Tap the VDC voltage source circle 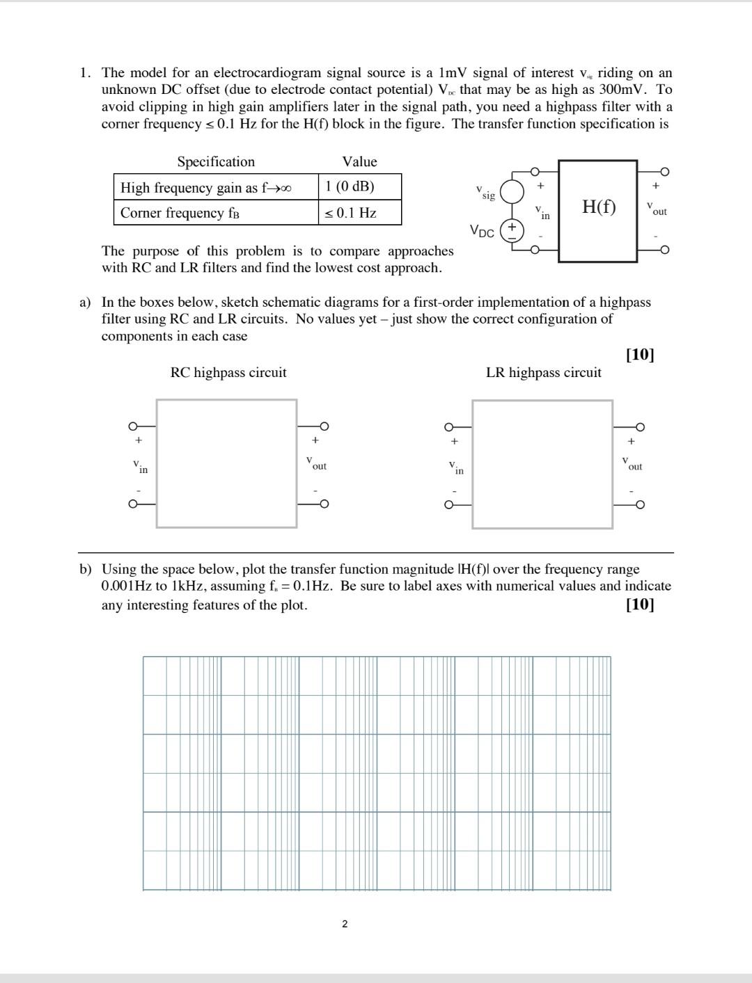pyautogui.click(x=512, y=230)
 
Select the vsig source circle pyautogui.click(x=512, y=191)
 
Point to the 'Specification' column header pyautogui.click(x=216, y=161)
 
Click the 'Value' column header pyautogui.click(x=359, y=161)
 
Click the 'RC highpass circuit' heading pyautogui.click(x=228, y=372)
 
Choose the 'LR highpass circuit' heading pyautogui.click(x=543, y=372)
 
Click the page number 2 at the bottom pyautogui.click(x=345, y=924)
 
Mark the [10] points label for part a pyautogui.click(x=640, y=355)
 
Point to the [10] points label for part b pyautogui.click(x=640, y=604)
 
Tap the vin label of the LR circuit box pyautogui.click(x=455, y=467)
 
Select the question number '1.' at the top pyautogui.click(x=85, y=72)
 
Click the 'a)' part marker pyautogui.click(x=85, y=302)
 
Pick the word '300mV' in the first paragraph pyautogui.click(x=631, y=89)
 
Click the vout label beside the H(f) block pyautogui.click(x=656, y=209)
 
